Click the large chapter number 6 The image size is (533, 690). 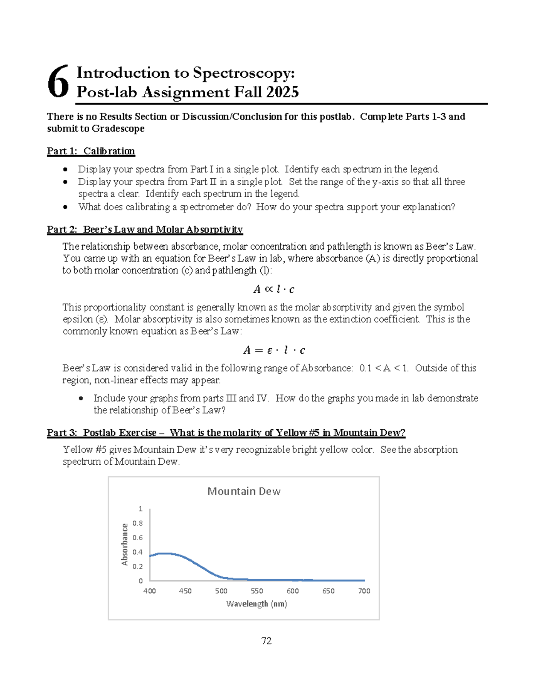click(59, 82)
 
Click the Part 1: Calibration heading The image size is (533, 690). click(91, 151)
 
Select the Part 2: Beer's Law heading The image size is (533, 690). click(144, 230)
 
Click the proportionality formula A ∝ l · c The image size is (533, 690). click(274, 290)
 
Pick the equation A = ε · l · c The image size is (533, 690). click(274, 351)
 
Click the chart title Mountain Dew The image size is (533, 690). click(244, 491)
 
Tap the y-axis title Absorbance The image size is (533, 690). click(125, 545)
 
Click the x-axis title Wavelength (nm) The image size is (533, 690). click(256, 604)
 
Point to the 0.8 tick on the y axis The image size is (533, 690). click(138, 523)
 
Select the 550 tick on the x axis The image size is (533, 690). click(257, 591)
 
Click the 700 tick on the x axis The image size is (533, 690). click(364, 591)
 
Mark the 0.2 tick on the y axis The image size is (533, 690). click(138, 566)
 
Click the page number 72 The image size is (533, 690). click(266, 641)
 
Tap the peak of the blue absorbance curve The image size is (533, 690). click(165, 553)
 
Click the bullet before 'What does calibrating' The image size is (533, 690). click(66, 207)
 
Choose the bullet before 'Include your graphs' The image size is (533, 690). click(81, 398)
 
